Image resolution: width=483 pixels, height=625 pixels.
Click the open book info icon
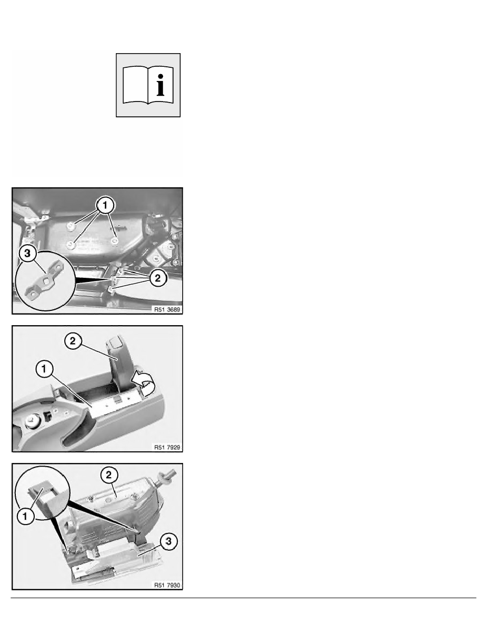pos(148,85)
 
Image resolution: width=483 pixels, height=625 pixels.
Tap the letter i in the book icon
pos(160,85)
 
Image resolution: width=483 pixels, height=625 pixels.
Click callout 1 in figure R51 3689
pos(105,206)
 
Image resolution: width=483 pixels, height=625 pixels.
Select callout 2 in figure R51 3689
pos(158,278)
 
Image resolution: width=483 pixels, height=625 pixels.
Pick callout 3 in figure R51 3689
pos(27,254)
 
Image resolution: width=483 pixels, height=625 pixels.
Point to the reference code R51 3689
pos(167,309)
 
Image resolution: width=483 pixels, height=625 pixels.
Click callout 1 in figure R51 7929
pos(44,369)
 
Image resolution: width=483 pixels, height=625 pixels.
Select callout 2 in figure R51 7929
pos(73,341)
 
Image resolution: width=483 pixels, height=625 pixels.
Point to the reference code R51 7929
pos(167,447)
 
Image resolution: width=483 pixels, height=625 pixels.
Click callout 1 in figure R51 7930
pos(25,517)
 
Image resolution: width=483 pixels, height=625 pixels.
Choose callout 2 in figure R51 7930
pos(109,475)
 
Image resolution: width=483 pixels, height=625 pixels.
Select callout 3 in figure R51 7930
pos(168,541)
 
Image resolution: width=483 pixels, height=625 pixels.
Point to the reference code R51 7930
pos(167,585)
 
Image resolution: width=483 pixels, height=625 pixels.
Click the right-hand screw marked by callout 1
pos(115,241)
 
